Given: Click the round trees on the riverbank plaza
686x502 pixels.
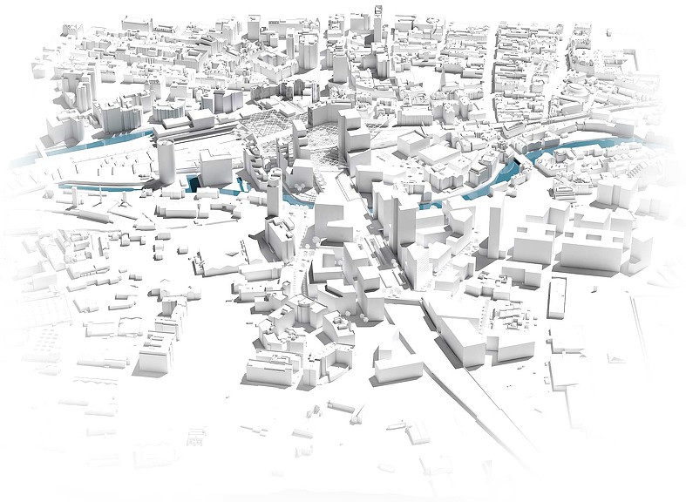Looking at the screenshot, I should click(x=298, y=187).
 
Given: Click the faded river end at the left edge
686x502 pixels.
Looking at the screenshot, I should click(x=26, y=160).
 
